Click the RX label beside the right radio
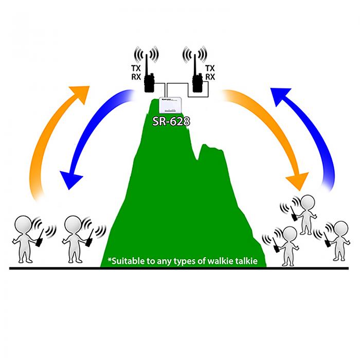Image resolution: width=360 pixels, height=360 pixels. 210,77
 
